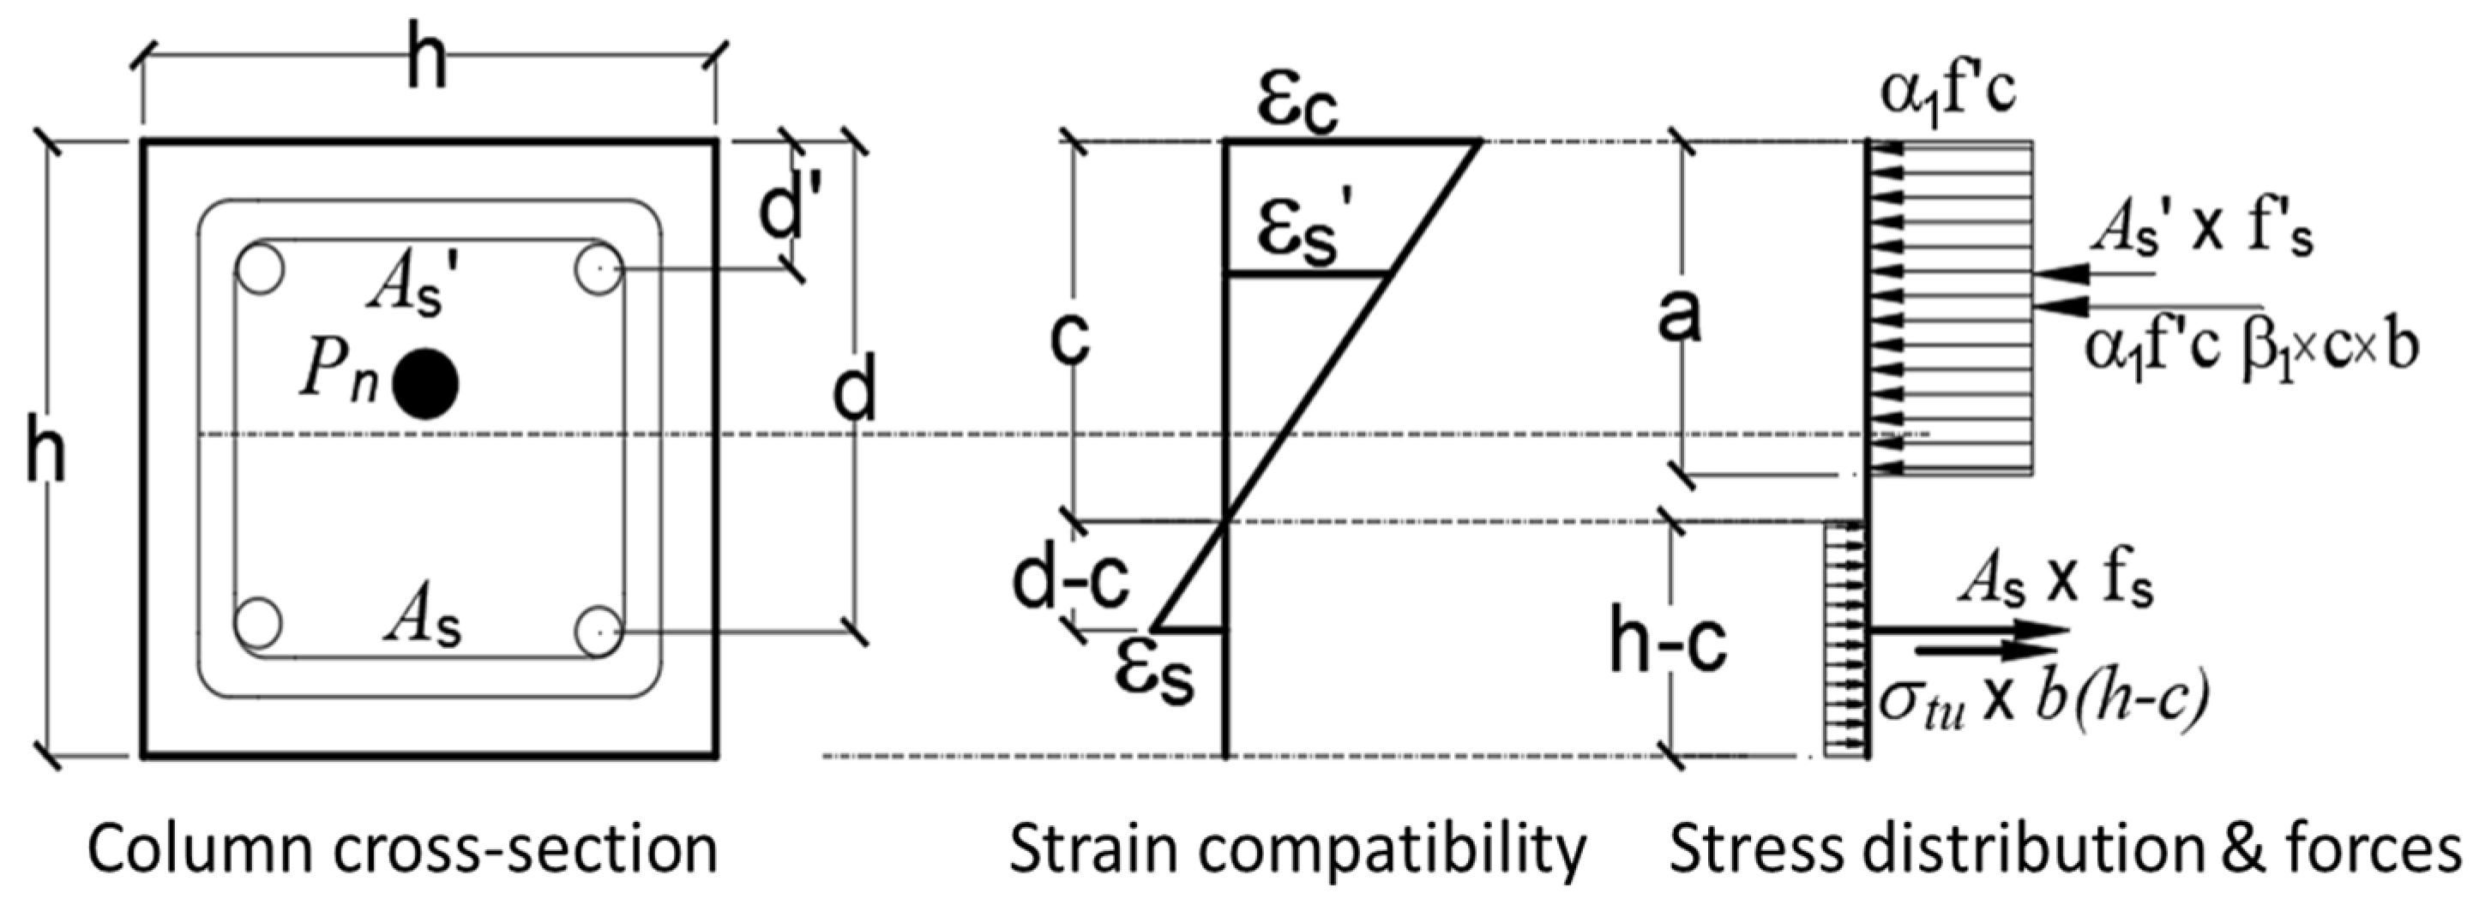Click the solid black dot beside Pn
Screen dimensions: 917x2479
tap(426, 384)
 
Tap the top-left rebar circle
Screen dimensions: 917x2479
tap(259, 269)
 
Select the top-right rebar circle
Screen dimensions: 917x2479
tap(598, 269)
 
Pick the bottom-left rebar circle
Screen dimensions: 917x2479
tap(258, 621)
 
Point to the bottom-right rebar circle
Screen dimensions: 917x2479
tap(598, 632)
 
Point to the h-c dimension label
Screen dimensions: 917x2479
tap(1668, 641)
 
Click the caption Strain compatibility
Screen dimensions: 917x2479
tap(1297, 849)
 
